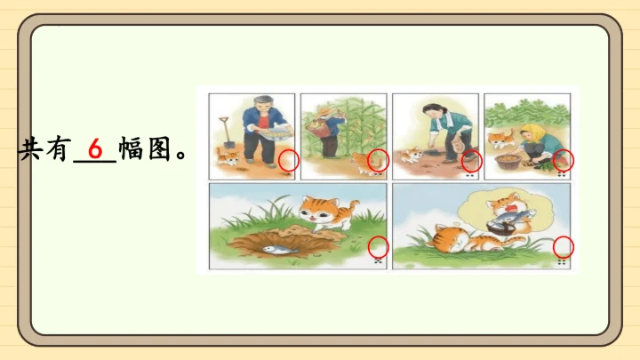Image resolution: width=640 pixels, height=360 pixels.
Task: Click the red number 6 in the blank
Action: [x=95, y=148]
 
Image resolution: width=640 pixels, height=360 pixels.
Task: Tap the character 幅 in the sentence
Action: [x=132, y=148]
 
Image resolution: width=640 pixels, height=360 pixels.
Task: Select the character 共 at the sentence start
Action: [x=29, y=148]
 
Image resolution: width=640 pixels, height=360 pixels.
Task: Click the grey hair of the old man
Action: [x=264, y=100]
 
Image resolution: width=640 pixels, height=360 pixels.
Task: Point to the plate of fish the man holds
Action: [x=276, y=132]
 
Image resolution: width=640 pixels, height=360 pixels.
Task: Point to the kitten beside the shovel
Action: [x=227, y=157]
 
